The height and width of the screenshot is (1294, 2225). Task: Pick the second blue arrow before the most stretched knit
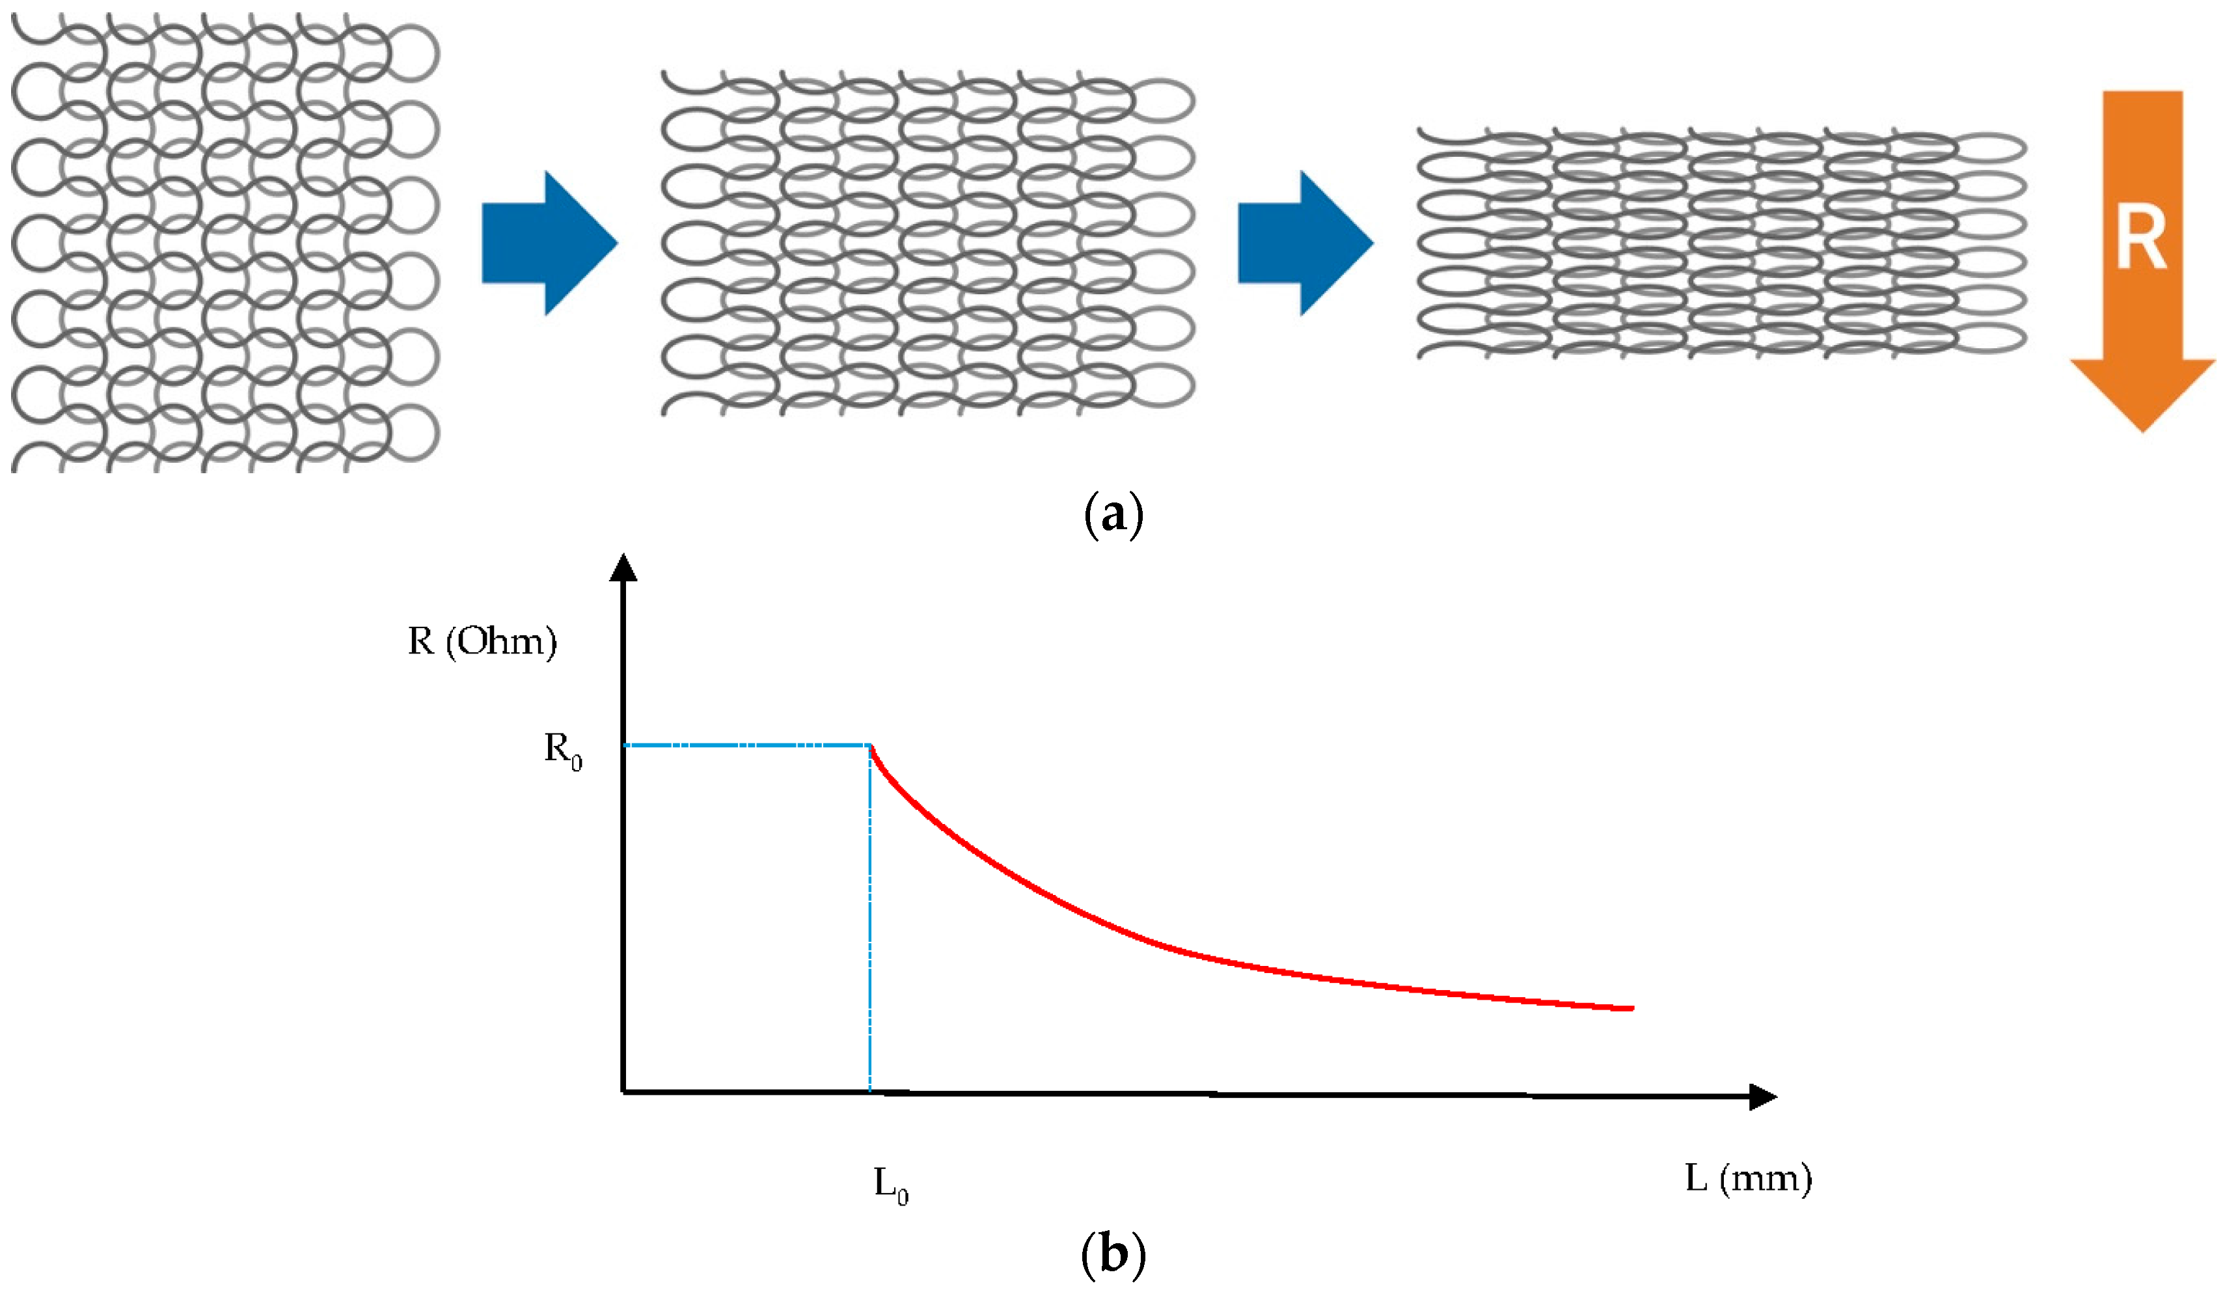(x=1305, y=243)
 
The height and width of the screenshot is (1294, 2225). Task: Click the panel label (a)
(x=1113, y=515)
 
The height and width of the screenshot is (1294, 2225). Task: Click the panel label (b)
(x=1113, y=1254)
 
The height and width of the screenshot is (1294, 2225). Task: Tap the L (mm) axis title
(x=1748, y=1178)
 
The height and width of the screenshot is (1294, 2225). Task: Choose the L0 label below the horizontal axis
(x=891, y=1183)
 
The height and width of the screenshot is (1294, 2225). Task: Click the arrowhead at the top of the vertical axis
(x=623, y=568)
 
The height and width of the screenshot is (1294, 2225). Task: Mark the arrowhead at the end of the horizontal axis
(x=1762, y=1096)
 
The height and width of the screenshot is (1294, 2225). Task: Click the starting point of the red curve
(x=871, y=747)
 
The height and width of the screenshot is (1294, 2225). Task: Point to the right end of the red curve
(x=1631, y=1008)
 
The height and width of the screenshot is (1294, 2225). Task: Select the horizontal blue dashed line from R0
(x=746, y=745)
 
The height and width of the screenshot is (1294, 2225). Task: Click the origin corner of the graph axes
(x=623, y=1093)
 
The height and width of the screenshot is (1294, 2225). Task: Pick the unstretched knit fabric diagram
(x=225, y=243)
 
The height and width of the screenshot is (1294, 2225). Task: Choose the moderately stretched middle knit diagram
(x=927, y=243)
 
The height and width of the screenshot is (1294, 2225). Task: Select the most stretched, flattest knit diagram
(x=1722, y=243)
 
